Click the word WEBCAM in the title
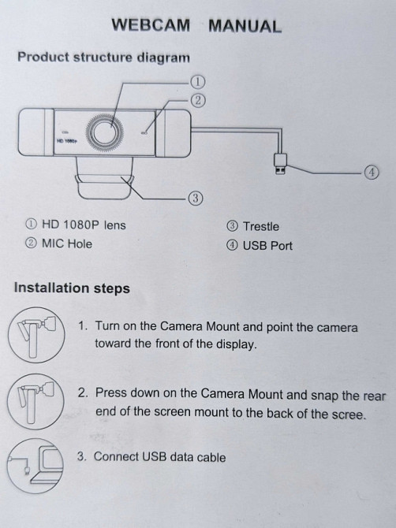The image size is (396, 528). (151, 25)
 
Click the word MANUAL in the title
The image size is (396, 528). (245, 26)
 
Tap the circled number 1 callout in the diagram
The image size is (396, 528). (197, 81)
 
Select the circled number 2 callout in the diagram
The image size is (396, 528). (198, 100)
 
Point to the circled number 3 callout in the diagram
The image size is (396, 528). (196, 198)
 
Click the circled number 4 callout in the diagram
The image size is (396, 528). (372, 173)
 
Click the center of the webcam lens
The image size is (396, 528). (105, 132)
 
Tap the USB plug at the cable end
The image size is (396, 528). (280, 164)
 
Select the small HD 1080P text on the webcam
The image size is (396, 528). (66, 141)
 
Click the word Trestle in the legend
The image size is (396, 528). (261, 227)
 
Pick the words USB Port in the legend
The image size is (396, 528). (267, 246)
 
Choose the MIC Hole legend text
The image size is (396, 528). (67, 244)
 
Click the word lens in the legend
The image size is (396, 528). (115, 225)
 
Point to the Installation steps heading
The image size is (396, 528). (72, 288)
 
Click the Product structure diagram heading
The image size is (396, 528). (103, 58)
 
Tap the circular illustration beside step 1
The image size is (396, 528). (36, 335)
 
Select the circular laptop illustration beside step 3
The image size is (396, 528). (35, 466)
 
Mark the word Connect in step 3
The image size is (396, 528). (116, 456)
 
